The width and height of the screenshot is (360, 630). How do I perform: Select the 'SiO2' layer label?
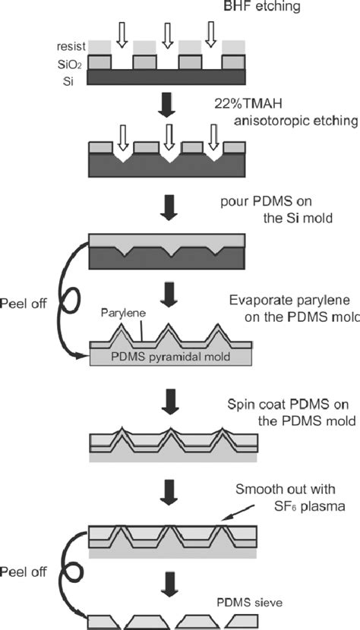coord(73,64)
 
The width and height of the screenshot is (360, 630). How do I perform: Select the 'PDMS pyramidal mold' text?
coord(171,357)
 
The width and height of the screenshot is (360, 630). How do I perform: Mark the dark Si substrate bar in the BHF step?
coord(167,77)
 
